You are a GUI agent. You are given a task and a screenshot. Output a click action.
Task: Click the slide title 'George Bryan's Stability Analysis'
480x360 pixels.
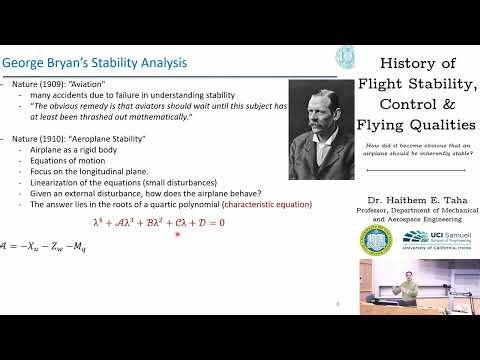coord(94,63)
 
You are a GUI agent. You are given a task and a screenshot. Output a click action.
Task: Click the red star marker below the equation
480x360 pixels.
coord(178,234)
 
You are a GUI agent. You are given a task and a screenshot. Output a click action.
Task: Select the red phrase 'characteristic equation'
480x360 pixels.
coord(261,204)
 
